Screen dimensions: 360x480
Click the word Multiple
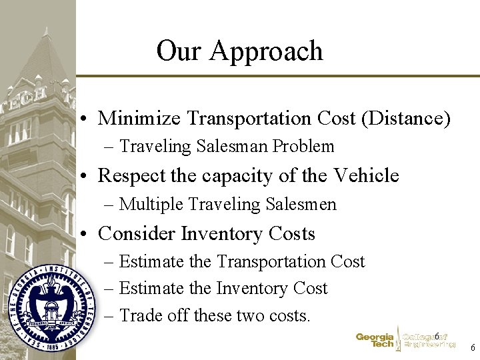pos(150,204)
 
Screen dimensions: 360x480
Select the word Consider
pos(137,234)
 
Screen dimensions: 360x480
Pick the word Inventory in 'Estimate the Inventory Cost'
pos(254,288)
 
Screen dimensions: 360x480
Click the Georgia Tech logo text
pos(375,341)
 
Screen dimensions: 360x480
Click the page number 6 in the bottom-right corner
pos(473,348)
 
